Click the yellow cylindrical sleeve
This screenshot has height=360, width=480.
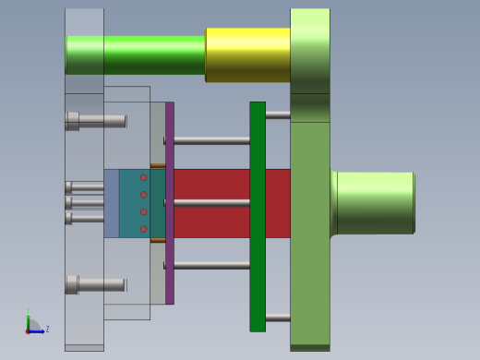(x=246, y=54)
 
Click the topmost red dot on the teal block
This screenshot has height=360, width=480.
(x=143, y=178)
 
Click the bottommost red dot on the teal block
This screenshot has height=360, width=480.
(x=143, y=229)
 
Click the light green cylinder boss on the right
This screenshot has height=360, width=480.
(x=374, y=202)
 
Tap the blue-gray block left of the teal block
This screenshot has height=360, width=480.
(x=111, y=203)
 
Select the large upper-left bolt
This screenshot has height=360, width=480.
(x=96, y=121)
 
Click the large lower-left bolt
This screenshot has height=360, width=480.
(x=96, y=285)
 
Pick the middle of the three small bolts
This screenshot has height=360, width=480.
(x=86, y=202)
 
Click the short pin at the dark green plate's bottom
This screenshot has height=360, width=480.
(x=277, y=318)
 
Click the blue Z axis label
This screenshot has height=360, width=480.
(x=47, y=329)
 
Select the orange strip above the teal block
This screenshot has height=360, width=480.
(x=158, y=166)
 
